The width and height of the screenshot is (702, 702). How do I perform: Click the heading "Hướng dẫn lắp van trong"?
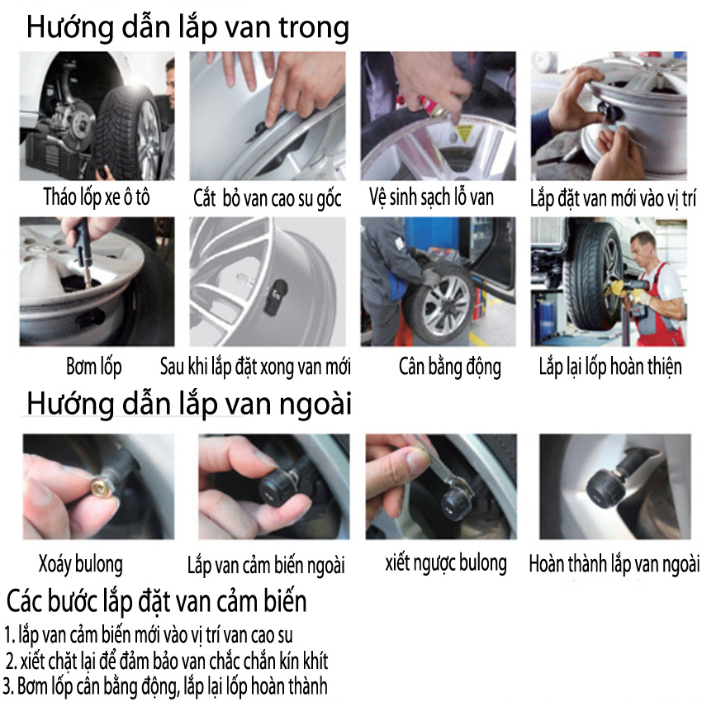point(187,28)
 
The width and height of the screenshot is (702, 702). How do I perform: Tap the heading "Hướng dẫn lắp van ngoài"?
point(189,405)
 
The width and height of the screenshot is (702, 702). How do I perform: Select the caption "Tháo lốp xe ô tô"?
point(97,197)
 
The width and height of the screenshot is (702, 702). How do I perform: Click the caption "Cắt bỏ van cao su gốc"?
point(268,198)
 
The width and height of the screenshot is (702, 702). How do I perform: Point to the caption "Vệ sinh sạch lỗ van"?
point(432,197)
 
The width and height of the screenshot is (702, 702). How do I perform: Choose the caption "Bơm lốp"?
point(94,367)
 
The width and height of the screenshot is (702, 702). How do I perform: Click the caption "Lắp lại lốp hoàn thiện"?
point(610,367)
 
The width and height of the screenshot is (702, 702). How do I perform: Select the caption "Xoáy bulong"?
point(81,564)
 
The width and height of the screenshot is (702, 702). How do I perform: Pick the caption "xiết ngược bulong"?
point(446,563)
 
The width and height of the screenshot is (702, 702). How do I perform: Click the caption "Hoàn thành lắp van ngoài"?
point(614,563)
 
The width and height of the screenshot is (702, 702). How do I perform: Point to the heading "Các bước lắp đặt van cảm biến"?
point(156,600)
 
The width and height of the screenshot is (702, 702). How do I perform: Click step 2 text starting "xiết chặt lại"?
point(167,662)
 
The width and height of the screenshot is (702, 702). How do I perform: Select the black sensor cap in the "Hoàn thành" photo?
point(605,489)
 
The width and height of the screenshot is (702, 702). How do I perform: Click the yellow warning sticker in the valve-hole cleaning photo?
point(464,133)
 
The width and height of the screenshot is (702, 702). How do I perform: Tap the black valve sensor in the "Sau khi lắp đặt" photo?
point(274,296)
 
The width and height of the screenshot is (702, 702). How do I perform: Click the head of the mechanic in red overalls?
point(643,247)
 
